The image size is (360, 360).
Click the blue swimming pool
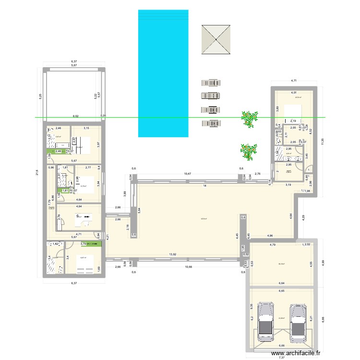click(162, 72)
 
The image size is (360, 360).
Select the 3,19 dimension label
click(288, 184)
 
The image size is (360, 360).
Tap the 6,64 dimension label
click(281, 283)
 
